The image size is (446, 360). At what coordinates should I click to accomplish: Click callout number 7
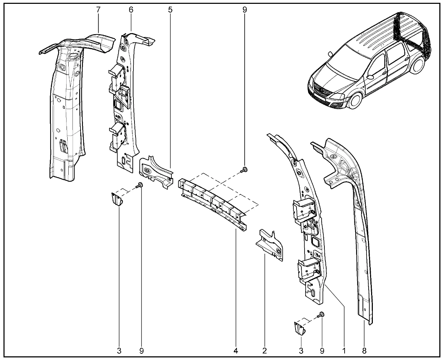click(x=98, y=10)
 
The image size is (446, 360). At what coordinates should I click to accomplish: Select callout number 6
click(x=131, y=10)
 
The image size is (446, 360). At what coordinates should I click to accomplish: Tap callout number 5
click(x=170, y=10)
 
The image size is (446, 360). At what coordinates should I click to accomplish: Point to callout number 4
click(x=236, y=350)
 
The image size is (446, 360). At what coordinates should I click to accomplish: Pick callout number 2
click(x=265, y=350)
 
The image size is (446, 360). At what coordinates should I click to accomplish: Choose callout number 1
click(x=344, y=350)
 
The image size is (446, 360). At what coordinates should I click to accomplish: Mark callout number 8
click(x=364, y=350)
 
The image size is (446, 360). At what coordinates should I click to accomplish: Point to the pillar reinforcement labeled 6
click(x=122, y=105)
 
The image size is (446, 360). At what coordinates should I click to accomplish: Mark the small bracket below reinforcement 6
click(x=116, y=200)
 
